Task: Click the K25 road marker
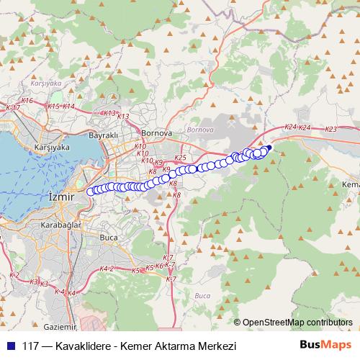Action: click(180, 158)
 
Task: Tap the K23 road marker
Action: click(330, 130)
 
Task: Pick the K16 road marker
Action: click(27, 101)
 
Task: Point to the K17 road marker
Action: click(12, 108)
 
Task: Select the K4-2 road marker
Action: click(107, 269)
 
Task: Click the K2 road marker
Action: click(14, 275)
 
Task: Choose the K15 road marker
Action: click(53, 107)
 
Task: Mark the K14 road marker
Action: click(68, 107)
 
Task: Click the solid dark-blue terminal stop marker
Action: click(269, 148)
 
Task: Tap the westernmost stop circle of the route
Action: click(91, 192)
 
